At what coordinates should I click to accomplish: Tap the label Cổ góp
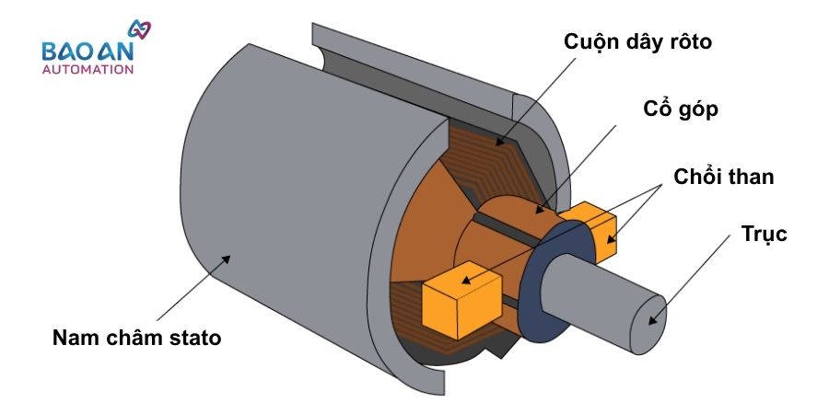tap(681, 109)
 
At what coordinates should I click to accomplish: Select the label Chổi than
tap(723, 176)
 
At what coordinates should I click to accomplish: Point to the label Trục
tap(765, 234)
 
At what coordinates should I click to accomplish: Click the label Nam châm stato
tap(136, 338)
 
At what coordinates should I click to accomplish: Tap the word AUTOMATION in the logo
tap(88, 69)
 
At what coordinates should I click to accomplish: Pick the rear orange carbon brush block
tap(590, 225)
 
